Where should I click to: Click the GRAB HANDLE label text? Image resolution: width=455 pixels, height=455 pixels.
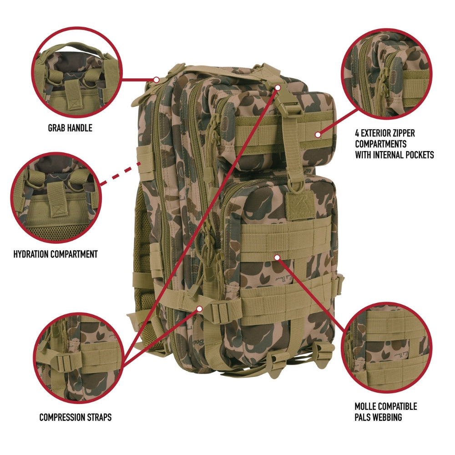click(x=70, y=128)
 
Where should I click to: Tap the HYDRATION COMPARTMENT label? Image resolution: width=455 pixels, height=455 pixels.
click(x=56, y=254)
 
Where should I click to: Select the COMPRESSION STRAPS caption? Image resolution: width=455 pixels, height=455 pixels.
click(x=75, y=417)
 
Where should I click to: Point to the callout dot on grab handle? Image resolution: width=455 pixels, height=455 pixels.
click(x=156, y=79)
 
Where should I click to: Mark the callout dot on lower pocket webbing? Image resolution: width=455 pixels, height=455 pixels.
click(x=277, y=257)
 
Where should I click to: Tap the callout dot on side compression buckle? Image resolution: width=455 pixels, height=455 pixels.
click(x=199, y=308)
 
